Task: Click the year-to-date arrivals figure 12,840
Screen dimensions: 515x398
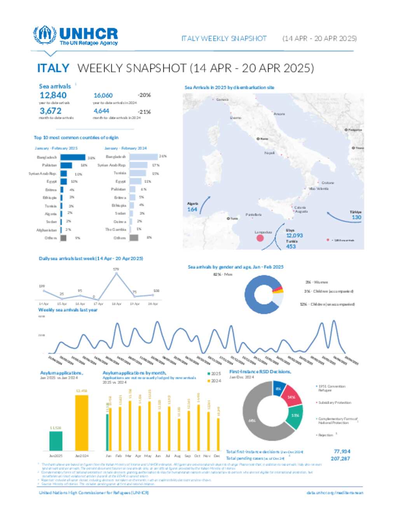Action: coord(53,95)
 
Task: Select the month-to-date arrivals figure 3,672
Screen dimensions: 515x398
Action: coord(51,111)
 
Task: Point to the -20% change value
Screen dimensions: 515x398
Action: coord(144,95)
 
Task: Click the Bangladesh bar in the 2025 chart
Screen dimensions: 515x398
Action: coord(73,157)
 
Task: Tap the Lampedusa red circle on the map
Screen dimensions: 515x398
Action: coord(260,237)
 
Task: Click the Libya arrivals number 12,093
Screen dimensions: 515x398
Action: coord(294,236)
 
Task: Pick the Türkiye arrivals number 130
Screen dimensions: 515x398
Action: coord(356,217)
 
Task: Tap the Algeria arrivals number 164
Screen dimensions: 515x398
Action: coord(192,209)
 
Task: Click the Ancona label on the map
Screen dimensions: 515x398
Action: coord(279,114)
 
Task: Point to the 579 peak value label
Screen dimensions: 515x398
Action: coord(116,269)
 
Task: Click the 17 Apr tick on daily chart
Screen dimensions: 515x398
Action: coord(98,304)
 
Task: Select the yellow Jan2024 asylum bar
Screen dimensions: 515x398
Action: coord(82,423)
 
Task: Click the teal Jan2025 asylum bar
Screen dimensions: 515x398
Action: coord(56,441)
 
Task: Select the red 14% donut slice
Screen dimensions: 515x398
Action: coord(292,396)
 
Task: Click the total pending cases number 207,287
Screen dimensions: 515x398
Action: coord(340,459)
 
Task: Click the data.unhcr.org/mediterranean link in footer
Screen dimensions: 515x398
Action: coord(335,493)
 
